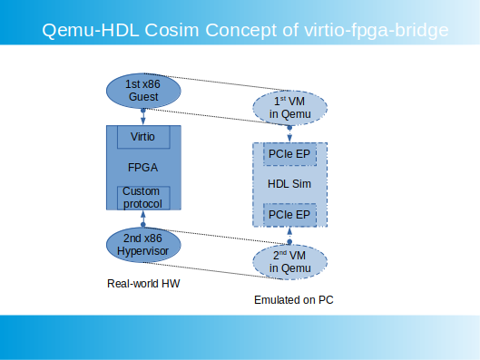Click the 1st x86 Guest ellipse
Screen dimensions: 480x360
143,91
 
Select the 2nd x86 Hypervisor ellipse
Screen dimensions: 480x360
143,245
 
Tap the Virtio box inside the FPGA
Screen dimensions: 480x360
143,137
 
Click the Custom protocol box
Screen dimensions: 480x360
143,198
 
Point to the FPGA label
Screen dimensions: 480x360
142,168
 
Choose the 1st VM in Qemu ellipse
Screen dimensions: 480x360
289,108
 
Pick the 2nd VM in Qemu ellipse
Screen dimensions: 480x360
289,262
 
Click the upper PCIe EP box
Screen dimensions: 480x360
289,154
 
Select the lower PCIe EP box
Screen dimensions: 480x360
289,215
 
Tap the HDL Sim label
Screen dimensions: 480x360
289,184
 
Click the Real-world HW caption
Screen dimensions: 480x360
143,284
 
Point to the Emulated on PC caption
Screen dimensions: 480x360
294,300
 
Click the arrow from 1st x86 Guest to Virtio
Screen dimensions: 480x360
143,117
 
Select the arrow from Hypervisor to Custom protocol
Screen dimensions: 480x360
143,219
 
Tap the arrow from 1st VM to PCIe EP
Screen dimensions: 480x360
289,134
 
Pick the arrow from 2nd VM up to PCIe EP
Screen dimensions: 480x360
289,236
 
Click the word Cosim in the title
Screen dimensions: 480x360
171,30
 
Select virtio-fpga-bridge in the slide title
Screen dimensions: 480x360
377,31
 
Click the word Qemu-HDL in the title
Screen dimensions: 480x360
91,31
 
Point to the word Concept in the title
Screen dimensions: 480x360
241,31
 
